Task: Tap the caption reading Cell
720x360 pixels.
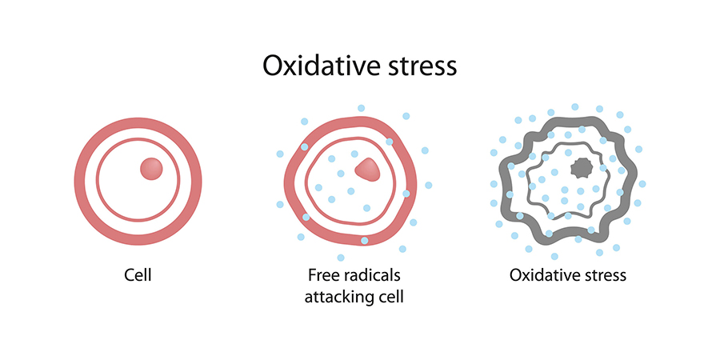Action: [138, 275]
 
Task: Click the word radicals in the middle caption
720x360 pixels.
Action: [372, 275]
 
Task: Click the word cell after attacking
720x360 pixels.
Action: [389, 297]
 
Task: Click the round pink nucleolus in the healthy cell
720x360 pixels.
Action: [151, 169]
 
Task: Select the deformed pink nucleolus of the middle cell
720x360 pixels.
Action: [367, 169]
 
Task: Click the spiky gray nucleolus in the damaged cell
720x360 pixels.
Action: [581, 169]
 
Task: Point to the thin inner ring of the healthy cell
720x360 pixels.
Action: [98, 179]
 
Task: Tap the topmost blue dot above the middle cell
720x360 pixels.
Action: [361, 108]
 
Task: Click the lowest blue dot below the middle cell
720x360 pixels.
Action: [341, 257]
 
